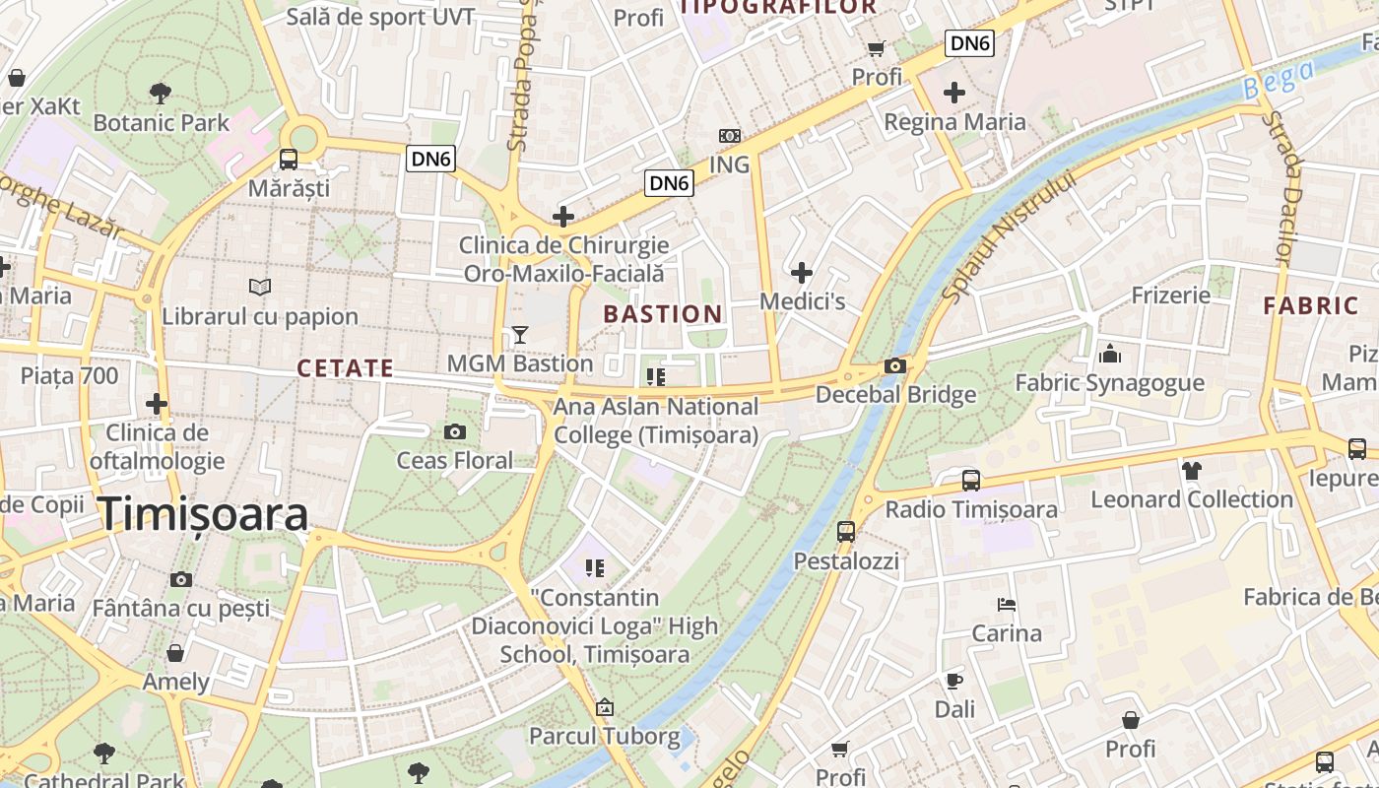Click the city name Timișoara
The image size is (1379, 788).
click(203, 514)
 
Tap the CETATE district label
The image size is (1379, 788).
click(346, 368)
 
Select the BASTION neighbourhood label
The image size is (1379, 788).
click(663, 314)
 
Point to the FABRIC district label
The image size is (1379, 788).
click(1311, 305)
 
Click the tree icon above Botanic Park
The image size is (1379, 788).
click(161, 94)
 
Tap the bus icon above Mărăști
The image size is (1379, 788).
click(289, 159)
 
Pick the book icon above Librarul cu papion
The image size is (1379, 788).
click(260, 287)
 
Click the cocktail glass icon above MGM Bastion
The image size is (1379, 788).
click(520, 335)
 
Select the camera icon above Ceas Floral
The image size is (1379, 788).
click(455, 431)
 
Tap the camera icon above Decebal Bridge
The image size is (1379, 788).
click(895, 366)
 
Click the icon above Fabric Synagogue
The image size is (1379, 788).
click(1110, 354)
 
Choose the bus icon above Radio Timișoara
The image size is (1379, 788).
click(971, 480)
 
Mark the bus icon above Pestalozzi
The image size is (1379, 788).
click(846, 532)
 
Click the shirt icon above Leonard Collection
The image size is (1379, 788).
click(1192, 470)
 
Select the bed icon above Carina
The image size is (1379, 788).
click(1007, 604)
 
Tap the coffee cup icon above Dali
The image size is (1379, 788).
click(953, 680)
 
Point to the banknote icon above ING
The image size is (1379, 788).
click(730, 135)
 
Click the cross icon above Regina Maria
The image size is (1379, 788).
click(953, 93)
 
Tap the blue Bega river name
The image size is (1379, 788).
click(1279, 80)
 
